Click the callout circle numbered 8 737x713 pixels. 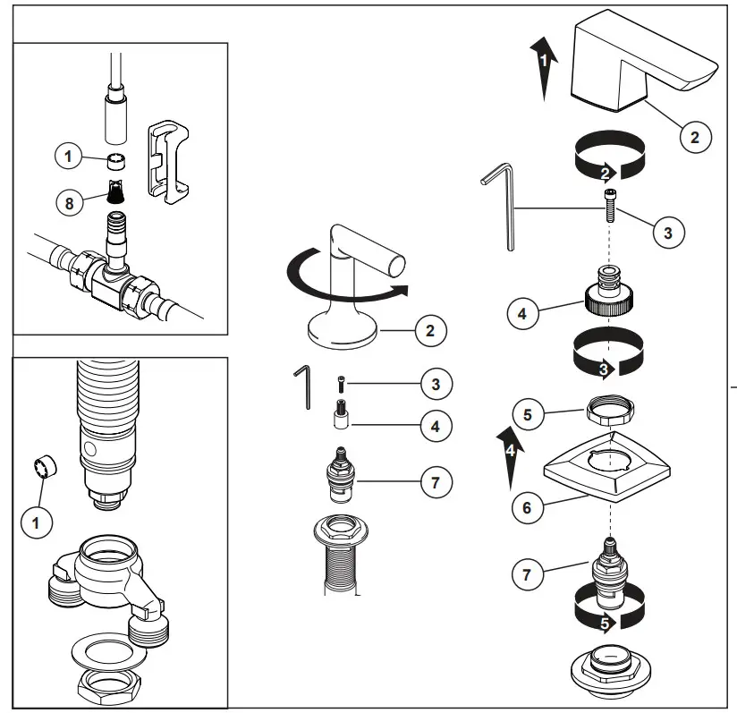click(x=69, y=202)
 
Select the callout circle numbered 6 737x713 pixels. click(x=526, y=508)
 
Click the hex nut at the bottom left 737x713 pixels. click(x=110, y=687)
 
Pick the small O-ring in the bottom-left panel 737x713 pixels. click(x=45, y=467)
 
